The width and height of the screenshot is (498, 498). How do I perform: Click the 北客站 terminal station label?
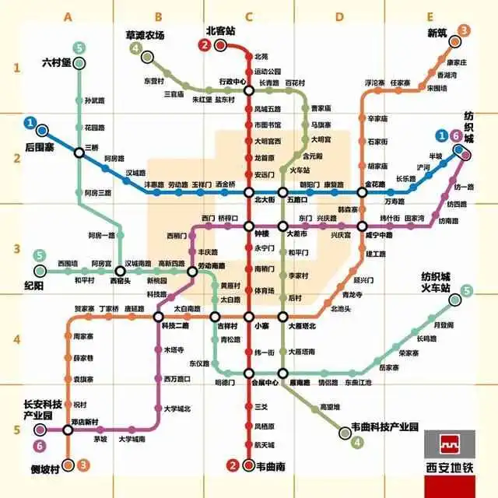pos(222,31)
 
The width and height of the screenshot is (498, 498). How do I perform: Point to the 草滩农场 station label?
pos(146,35)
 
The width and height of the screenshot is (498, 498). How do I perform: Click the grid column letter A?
pos(68,16)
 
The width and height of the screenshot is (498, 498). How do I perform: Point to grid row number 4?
pos(15,340)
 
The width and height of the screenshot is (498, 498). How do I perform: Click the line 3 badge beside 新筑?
pos(464,31)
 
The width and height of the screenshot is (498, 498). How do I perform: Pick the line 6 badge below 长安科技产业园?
pos(40,447)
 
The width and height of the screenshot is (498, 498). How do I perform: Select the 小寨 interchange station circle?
pos(249,317)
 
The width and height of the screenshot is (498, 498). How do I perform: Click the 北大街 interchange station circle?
pos(249,192)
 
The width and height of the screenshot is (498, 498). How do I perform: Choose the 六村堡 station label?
pos(56,62)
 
